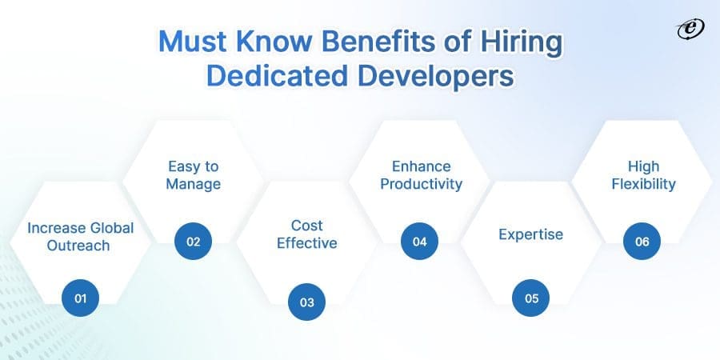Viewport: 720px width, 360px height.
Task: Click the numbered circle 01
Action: tap(80, 298)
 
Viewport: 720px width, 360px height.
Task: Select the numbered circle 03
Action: tap(306, 302)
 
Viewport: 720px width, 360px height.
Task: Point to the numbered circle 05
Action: tap(531, 298)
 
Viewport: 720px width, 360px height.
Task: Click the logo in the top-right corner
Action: tap(687, 29)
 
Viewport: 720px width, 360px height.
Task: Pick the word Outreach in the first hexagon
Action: tap(80, 246)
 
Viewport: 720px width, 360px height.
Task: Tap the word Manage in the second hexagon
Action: tap(193, 185)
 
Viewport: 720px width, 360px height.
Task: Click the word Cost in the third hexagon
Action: tap(306, 226)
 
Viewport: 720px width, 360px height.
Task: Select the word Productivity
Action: tap(422, 185)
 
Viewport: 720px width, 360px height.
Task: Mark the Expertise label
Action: tap(531, 234)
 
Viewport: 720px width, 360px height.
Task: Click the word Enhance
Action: tap(421, 166)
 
